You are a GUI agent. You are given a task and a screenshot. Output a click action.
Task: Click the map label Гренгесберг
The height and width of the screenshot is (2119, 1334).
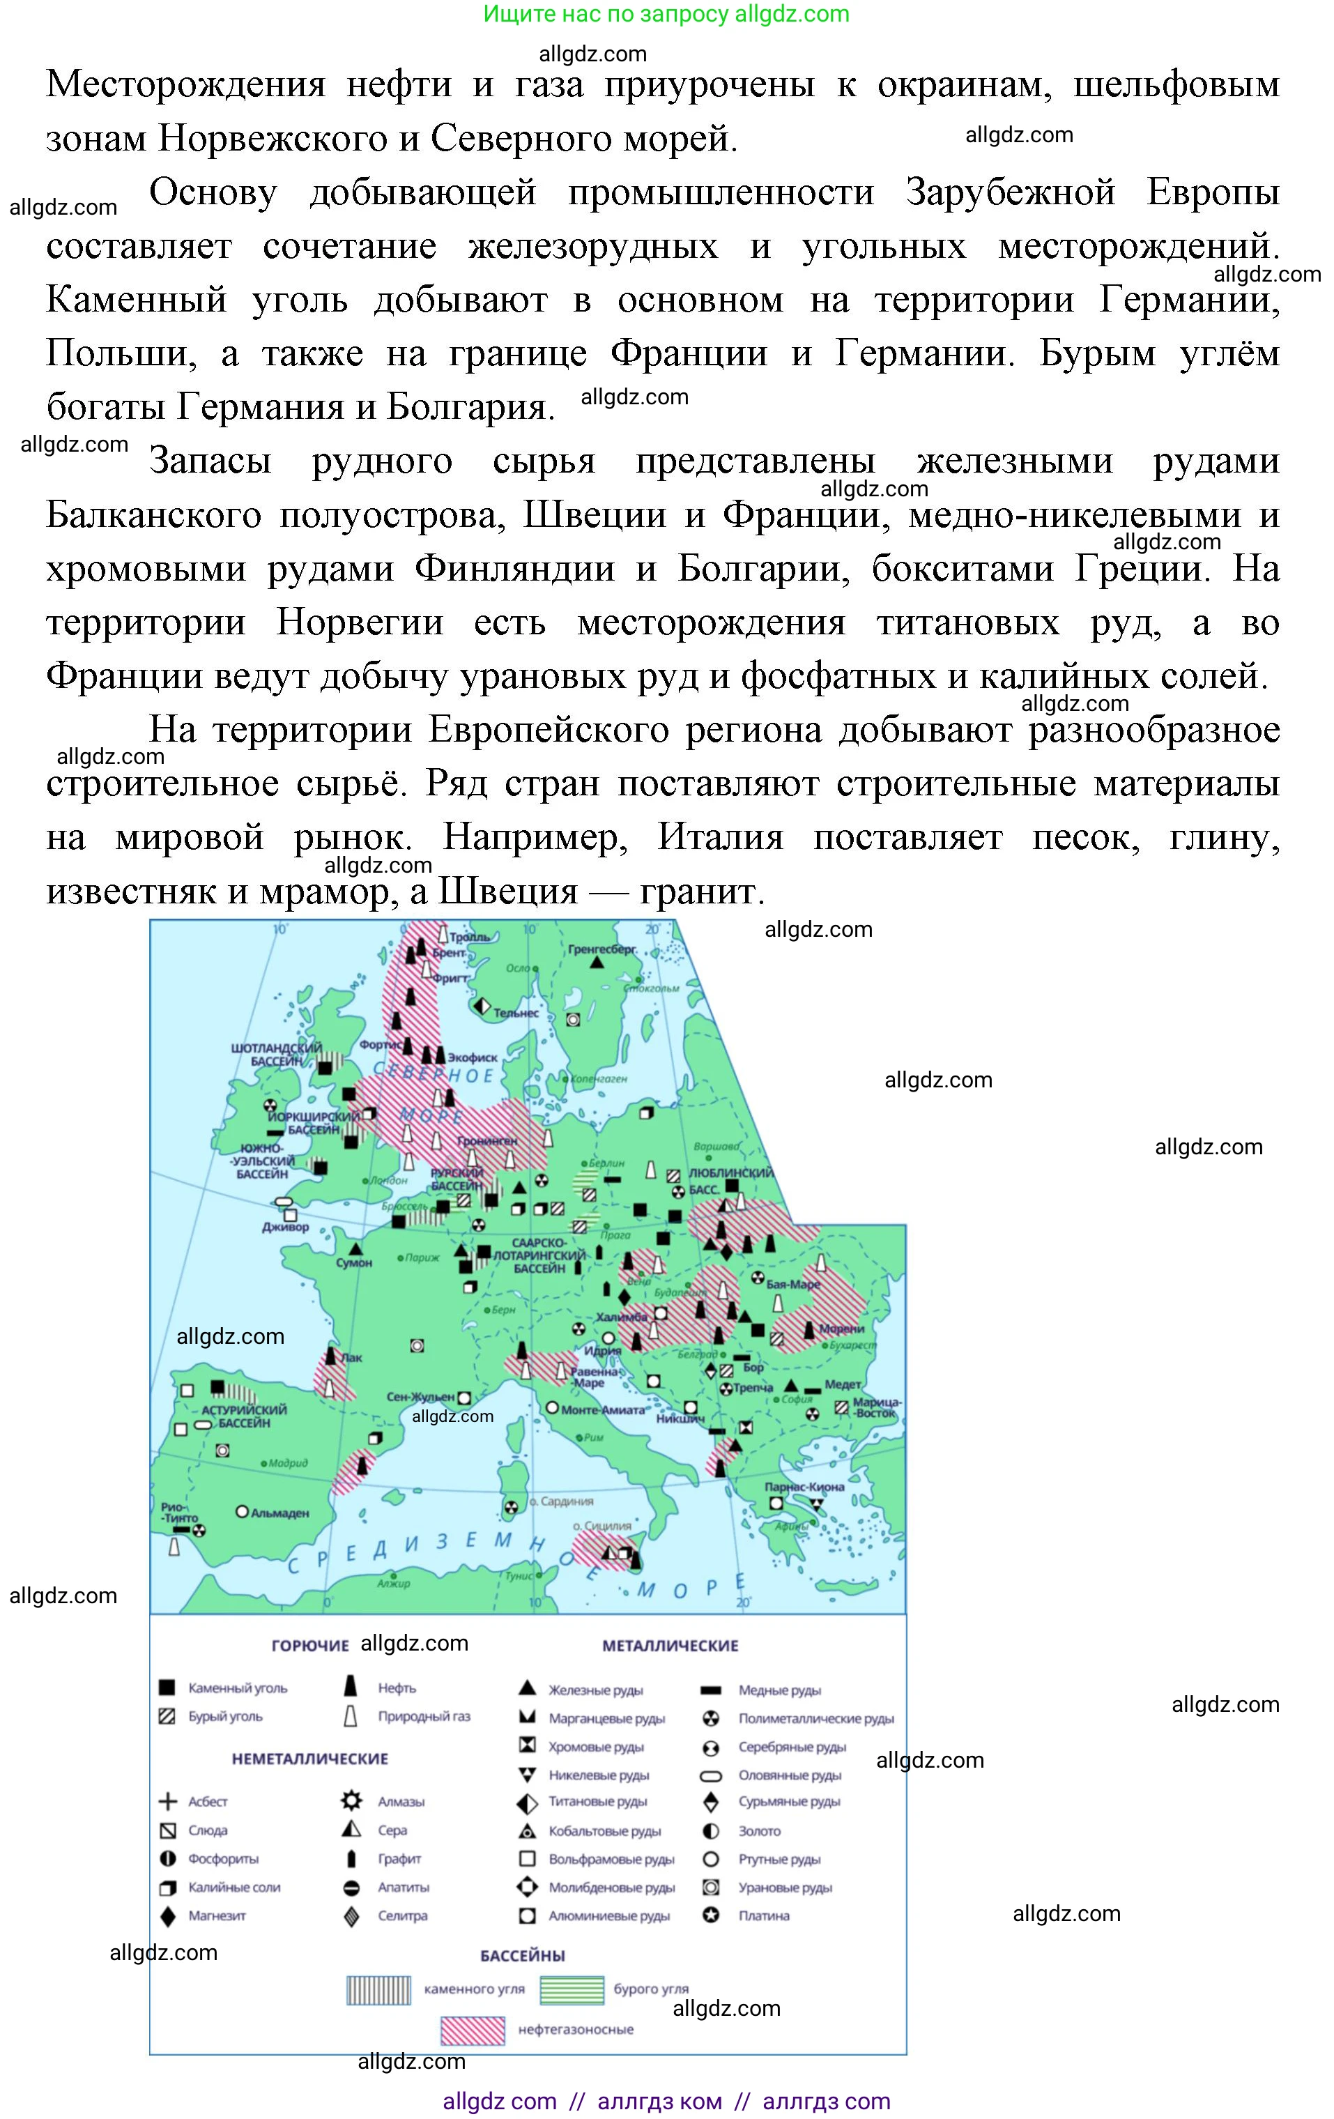point(602,949)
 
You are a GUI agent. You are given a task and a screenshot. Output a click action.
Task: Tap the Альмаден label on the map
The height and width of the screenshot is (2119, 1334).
point(279,1513)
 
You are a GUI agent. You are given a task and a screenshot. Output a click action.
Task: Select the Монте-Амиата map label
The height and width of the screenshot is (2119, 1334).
point(603,1409)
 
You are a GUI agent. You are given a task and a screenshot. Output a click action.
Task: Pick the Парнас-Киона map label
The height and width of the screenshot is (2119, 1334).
point(804,1486)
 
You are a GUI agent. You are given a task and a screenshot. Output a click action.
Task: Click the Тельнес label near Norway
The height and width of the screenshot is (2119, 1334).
point(516,1013)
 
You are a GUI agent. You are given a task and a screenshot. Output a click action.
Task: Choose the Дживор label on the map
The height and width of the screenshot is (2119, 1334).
point(285,1227)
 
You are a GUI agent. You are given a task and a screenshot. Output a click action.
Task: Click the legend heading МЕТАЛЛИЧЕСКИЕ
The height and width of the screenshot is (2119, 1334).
point(670,1646)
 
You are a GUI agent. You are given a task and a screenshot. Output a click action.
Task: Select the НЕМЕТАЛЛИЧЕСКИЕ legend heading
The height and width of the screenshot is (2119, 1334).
point(309,1759)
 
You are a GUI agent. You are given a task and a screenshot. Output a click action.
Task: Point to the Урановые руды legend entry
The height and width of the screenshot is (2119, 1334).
point(785,1888)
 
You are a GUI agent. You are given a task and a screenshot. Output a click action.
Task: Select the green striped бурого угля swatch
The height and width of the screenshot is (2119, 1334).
point(571,1989)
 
